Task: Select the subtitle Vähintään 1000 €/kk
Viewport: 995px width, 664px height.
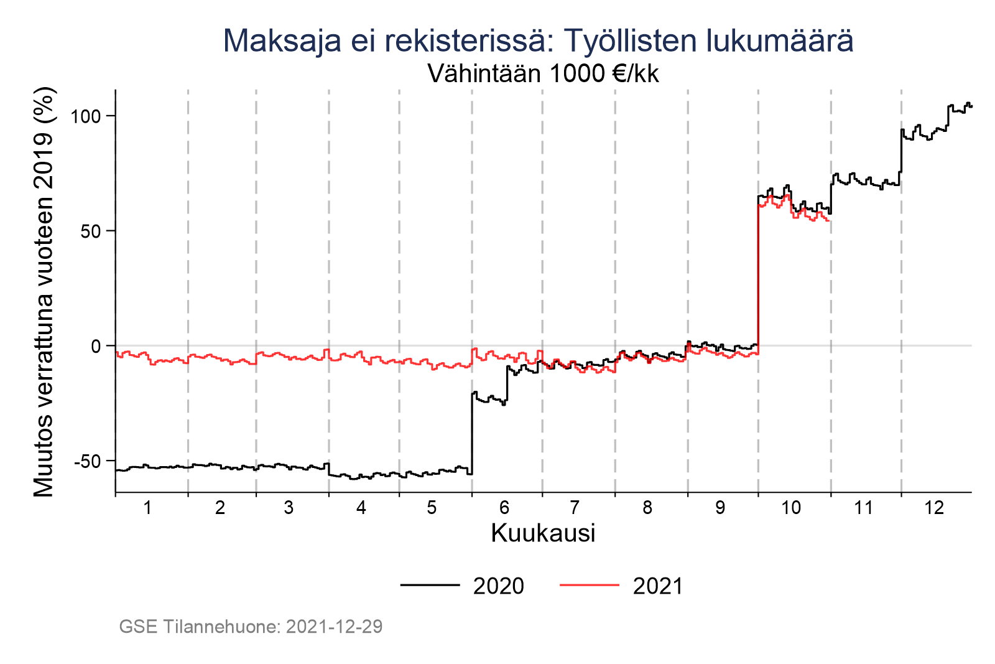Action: point(543,74)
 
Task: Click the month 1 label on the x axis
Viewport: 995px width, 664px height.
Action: point(147,508)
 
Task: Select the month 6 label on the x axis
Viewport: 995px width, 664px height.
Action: point(504,508)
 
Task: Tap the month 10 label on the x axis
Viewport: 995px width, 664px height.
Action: point(791,508)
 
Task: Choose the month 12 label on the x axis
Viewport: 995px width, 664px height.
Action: point(934,508)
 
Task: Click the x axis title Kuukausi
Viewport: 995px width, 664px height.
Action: point(543,533)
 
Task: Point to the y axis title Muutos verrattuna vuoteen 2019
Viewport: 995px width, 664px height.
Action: point(45,292)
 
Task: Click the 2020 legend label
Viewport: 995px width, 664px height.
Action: point(498,586)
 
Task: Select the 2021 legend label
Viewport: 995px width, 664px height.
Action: point(658,586)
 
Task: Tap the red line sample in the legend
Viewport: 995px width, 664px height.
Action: point(590,585)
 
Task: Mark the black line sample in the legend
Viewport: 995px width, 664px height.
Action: point(430,585)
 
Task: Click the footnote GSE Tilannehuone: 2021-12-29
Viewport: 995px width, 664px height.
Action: point(251,627)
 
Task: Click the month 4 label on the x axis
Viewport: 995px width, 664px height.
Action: point(361,508)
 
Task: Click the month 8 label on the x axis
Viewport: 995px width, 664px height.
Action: point(647,508)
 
